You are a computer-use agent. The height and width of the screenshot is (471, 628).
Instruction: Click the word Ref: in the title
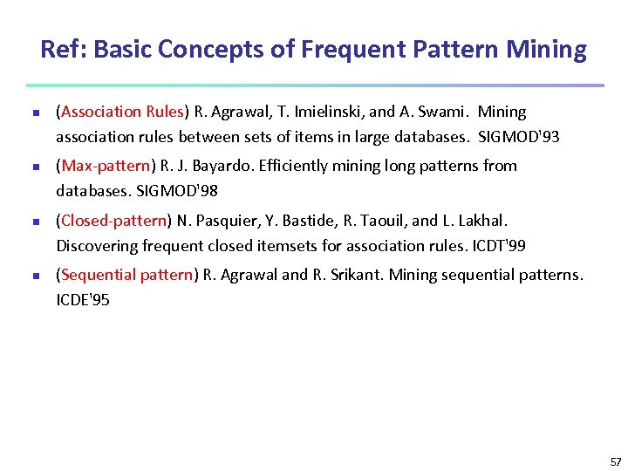64,50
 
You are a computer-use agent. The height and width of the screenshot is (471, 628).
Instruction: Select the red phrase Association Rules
121,112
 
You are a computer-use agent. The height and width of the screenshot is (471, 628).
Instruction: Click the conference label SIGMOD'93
519,137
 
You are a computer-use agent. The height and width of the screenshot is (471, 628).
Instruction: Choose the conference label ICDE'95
83,301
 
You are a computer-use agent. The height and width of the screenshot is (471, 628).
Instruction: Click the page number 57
616,462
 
